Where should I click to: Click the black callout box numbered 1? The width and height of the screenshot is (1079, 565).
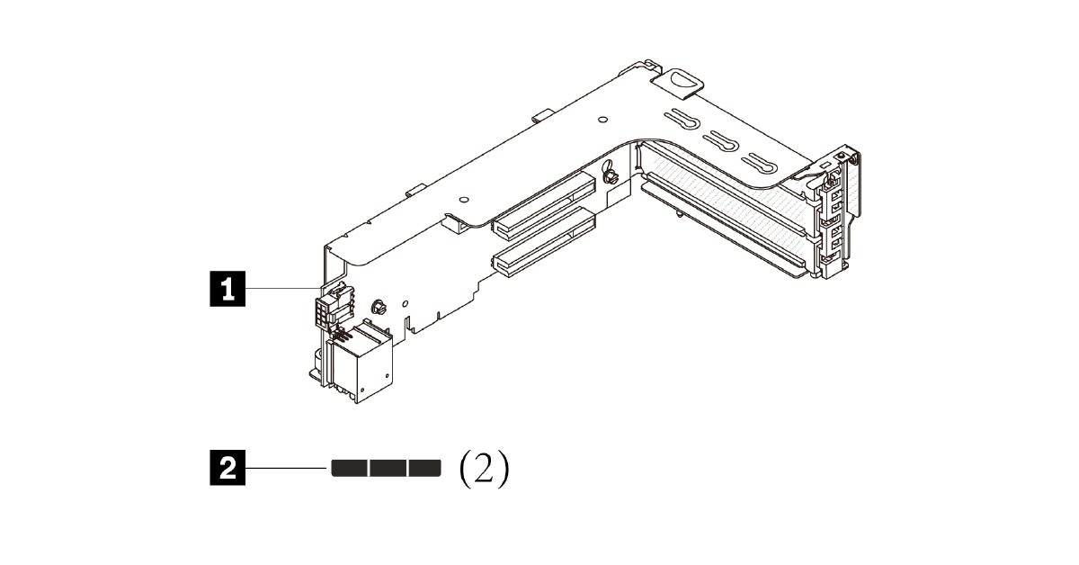tap(227, 289)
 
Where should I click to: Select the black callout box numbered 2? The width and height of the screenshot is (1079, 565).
tap(227, 468)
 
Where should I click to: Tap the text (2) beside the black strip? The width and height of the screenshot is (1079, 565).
tap(484, 469)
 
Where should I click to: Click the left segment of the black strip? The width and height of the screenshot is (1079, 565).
tap(350, 468)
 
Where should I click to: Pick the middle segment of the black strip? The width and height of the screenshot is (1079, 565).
tap(388, 468)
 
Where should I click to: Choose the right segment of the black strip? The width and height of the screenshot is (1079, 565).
tap(425, 468)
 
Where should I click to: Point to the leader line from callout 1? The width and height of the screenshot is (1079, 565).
tap(283, 288)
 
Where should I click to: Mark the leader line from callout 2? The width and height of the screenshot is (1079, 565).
tap(286, 468)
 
